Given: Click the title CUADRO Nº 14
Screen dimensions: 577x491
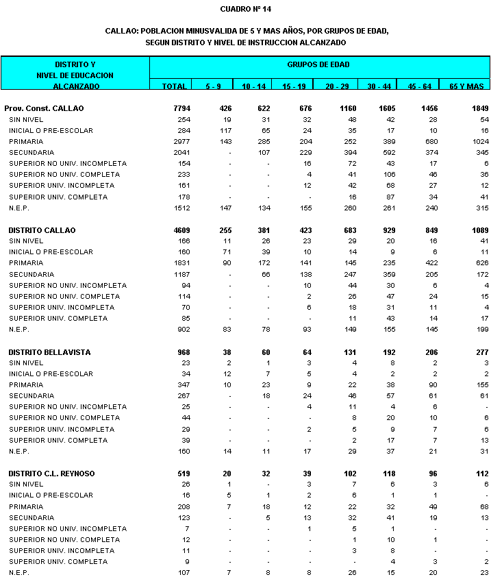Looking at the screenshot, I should [x=246, y=9].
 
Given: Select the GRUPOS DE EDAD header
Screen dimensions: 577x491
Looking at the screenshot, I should [x=318, y=64].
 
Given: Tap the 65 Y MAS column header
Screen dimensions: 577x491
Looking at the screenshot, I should [x=466, y=86].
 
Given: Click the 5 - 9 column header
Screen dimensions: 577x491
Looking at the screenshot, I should [x=212, y=86].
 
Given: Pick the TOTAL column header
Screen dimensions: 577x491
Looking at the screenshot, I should [x=174, y=86].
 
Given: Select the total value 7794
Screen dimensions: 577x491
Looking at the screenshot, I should [x=179, y=108].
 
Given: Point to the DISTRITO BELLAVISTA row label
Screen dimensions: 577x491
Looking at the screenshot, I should [x=49, y=352].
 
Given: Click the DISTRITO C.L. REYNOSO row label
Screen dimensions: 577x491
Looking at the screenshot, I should [x=53, y=474].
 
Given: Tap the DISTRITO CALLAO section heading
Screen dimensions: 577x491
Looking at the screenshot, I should [x=42, y=230].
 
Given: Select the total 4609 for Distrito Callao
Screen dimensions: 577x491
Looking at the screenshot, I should [x=179, y=230].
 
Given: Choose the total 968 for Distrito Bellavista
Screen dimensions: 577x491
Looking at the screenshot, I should [x=181, y=352].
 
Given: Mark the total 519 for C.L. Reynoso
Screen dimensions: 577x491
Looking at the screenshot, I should [x=181, y=474].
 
